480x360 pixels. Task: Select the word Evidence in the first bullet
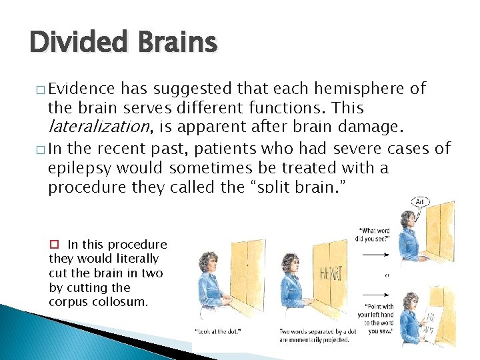coord(83,89)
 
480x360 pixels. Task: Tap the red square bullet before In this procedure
coord(57,245)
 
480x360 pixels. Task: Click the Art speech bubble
coord(421,203)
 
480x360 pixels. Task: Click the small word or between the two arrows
coord(387,274)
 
